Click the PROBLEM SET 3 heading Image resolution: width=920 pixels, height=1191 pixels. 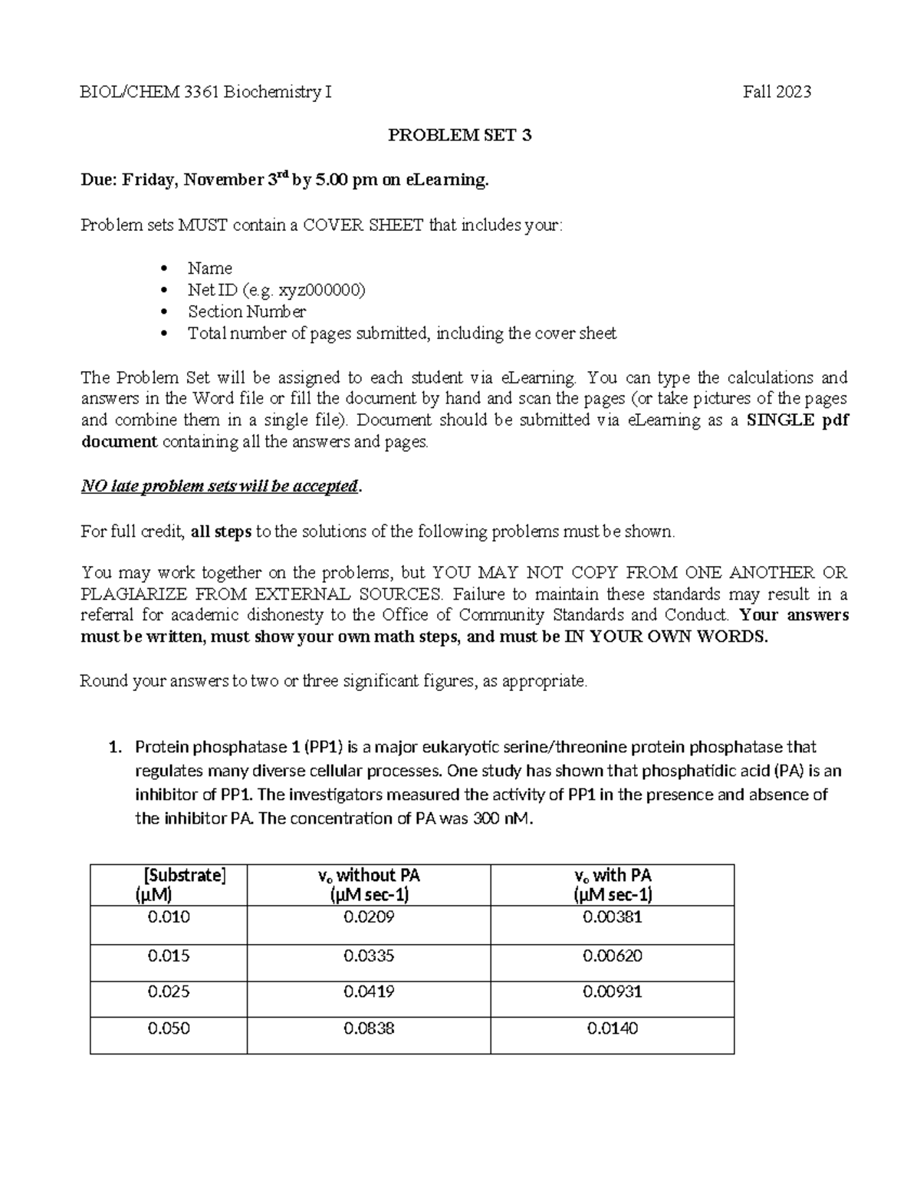coord(459,136)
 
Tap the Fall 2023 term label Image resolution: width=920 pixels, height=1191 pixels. coord(777,92)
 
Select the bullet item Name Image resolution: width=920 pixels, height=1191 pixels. coord(209,268)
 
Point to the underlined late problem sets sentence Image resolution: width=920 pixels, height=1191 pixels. coord(220,486)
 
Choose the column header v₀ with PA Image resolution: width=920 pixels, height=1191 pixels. coord(613,875)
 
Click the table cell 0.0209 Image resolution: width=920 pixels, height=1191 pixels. coord(369,917)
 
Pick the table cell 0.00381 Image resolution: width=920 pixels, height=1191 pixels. coord(613,917)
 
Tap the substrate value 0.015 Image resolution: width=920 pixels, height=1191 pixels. coord(169,956)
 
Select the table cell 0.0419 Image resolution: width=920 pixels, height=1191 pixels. coord(369,992)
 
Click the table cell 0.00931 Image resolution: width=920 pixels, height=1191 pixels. coord(613,992)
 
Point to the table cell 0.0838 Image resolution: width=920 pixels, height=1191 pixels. coord(369,1028)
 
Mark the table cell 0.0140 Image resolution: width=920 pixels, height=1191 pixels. coord(613,1028)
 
